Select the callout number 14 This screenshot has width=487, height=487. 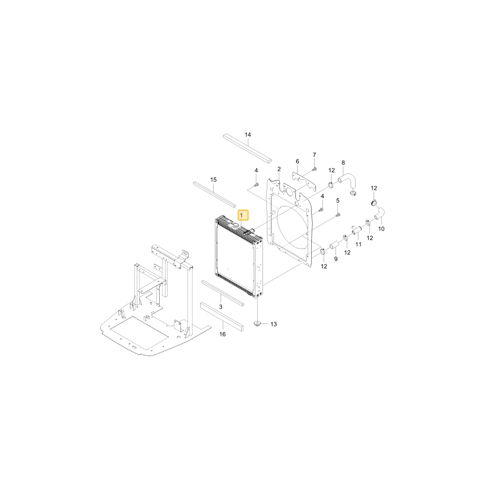pyautogui.click(x=247, y=135)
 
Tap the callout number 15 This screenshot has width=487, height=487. pyautogui.click(x=213, y=180)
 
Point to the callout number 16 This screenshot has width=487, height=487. pyautogui.click(x=223, y=334)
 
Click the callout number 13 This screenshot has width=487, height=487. pyautogui.click(x=273, y=324)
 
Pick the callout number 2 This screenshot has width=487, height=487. pyautogui.click(x=279, y=169)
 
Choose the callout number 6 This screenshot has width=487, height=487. pyautogui.click(x=297, y=162)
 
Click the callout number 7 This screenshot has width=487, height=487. pyautogui.click(x=314, y=155)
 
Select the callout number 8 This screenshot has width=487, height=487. pyautogui.click(x=343, y=163)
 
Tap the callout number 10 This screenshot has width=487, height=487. pyautogui.click(x=381, y=229)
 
